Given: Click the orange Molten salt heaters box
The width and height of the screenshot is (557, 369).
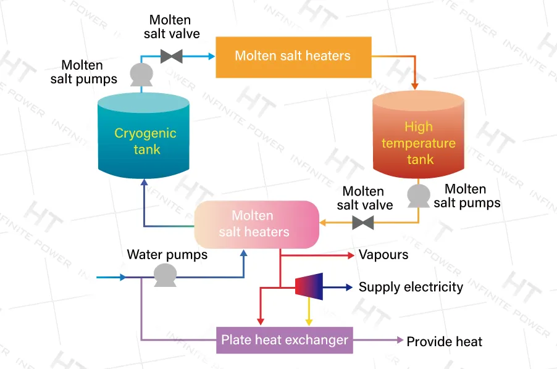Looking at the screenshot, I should pos(293,57).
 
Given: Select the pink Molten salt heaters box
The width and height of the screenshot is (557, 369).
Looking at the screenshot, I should pos(257,224).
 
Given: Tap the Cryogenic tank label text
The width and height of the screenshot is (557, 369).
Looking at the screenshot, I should pos(145,141).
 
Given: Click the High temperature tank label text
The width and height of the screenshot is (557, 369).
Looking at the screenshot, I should pos(418,143).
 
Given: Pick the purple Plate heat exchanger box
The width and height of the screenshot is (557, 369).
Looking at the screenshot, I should pos(285,340).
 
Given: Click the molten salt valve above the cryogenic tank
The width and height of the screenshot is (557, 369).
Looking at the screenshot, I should pos(171,56).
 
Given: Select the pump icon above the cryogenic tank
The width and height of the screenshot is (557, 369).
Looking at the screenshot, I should pos(141,74).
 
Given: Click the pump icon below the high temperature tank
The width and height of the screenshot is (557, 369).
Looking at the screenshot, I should pos(418,196).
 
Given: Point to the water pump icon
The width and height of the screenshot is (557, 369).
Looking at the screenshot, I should pos(164,275).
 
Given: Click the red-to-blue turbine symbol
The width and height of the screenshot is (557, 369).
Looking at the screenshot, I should pos(309,287).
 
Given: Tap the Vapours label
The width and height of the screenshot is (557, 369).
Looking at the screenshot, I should pos(383,254).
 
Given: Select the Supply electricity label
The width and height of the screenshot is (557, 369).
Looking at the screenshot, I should pos(411,287).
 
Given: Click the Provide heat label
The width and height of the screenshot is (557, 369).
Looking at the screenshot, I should pos(444,341).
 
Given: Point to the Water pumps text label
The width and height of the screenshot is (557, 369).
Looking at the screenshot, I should pos(167,254).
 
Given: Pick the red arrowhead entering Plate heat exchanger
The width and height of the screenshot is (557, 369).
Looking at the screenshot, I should pos(260,321).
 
